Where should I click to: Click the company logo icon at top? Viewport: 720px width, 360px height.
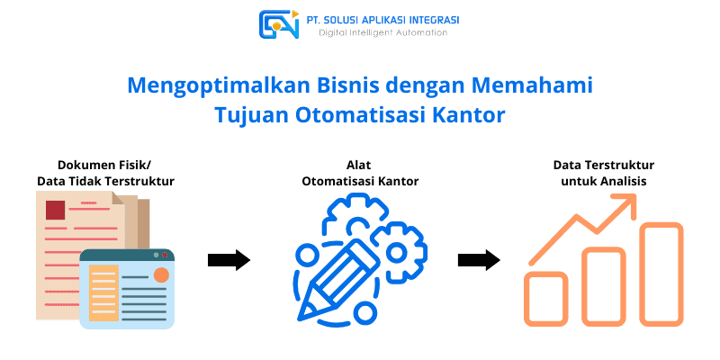(x=279, y=24)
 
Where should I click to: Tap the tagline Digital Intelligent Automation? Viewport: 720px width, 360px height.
(x=383, y=32)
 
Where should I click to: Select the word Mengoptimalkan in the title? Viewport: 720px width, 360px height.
(x=202, y=86)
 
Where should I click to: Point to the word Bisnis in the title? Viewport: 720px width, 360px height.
(x=318, y=85)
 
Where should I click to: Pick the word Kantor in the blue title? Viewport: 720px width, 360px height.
(x=469, y=115)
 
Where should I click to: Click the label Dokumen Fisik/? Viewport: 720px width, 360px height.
(x=105, y=166)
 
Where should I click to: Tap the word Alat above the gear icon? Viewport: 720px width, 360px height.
(x=360, y=165)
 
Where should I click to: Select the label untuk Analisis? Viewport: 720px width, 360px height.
(x=604, y=182)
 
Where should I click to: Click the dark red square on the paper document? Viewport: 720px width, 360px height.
(x=55, y=210)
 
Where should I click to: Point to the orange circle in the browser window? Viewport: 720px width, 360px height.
(x=161, y=274)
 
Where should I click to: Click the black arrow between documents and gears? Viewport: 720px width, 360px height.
(x=229, y=260)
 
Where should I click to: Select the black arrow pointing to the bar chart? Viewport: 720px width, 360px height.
(x=479, y=260)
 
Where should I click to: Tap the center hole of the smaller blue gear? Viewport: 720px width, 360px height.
(x=395, y=252)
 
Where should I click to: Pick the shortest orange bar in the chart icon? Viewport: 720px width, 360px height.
(x=546, y=299)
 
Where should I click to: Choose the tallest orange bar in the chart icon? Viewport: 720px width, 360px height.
(x=661, y=274)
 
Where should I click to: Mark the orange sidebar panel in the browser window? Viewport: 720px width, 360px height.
(x=103, y=293)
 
